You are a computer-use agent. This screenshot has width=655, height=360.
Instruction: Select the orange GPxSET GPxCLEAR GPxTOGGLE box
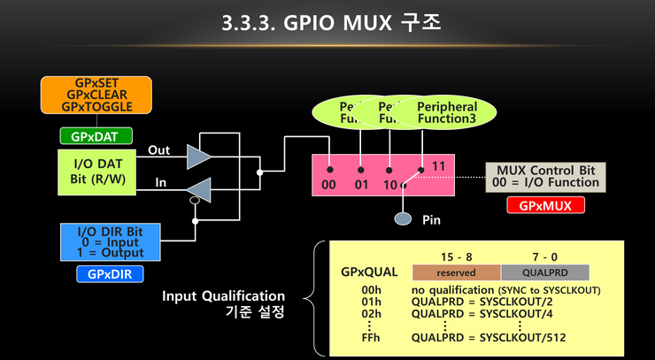pyautogui.click(x=97, y=95)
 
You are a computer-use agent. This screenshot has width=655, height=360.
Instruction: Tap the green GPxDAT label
pyautogui.click(x=96, y=136)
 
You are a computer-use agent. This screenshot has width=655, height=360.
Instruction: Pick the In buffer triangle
pyautogui.click(x=199, y=188)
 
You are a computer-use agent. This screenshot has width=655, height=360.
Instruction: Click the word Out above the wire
pyautogui.click(x=158, y=150)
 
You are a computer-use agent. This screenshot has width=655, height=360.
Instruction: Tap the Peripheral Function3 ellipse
pyautogui.click(x=447, y=113)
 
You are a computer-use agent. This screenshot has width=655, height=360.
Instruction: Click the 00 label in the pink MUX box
pyautogui.click(x=327, y=184)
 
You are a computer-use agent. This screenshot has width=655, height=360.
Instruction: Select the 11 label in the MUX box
pyautogui.click(x=438, y=166)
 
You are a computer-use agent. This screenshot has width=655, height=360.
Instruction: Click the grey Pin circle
pyautogui.click(x=403, y=218)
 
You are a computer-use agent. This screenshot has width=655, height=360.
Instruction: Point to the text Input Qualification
pyautogui.click(x=223, y=295)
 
